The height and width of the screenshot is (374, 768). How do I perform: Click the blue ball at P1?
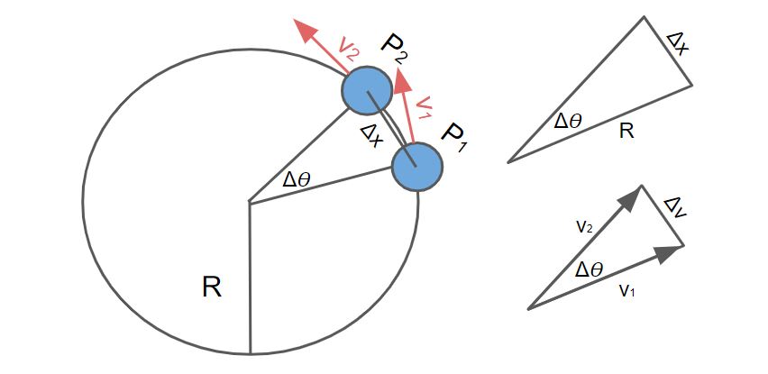pos(417,166)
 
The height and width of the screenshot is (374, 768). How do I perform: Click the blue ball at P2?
pos(367,90)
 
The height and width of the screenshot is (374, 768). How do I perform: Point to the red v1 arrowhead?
pos(403,81)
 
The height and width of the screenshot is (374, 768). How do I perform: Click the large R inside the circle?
pos(212,287)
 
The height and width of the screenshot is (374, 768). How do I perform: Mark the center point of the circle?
pos(250,203)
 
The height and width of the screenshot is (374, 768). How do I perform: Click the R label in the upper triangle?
pos(627,132)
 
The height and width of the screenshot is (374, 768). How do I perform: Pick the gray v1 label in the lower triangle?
pos(626,290)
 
